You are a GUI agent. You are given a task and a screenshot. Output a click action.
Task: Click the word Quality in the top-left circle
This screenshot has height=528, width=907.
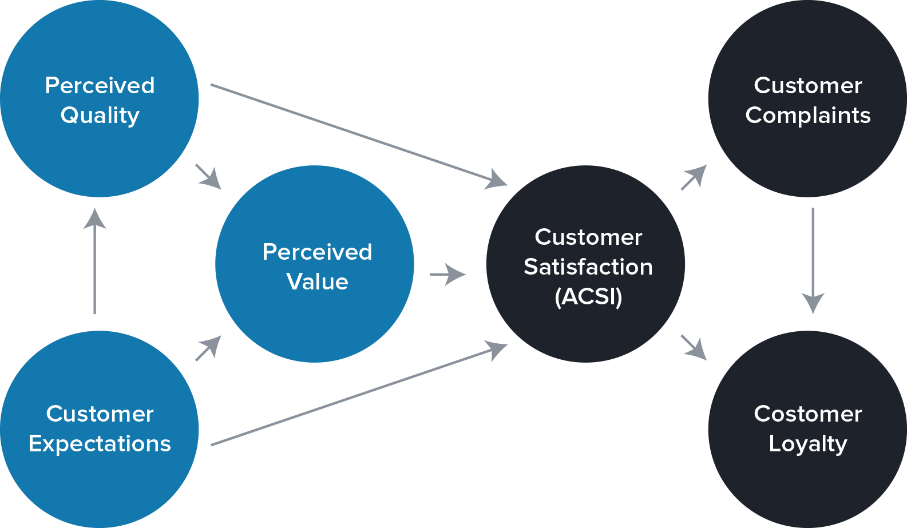100,116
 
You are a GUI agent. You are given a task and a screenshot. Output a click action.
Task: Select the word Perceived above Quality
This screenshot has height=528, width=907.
100,86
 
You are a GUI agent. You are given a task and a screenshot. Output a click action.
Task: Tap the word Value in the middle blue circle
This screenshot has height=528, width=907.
317,281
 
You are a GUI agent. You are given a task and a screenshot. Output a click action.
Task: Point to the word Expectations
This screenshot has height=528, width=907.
100,444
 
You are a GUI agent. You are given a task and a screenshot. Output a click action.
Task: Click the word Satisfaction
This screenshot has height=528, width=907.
588,267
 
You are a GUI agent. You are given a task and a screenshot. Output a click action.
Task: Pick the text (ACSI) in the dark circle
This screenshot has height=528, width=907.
588,297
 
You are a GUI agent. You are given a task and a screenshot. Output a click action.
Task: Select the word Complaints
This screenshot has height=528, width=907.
807,116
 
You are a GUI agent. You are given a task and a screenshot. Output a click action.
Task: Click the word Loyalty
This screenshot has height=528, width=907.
807,444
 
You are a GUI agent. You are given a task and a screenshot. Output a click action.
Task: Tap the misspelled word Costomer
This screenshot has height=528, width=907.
807,414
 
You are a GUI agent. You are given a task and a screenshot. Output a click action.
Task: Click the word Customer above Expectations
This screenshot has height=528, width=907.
100,414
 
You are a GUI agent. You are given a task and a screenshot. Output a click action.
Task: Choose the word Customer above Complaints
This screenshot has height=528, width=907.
807,86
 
